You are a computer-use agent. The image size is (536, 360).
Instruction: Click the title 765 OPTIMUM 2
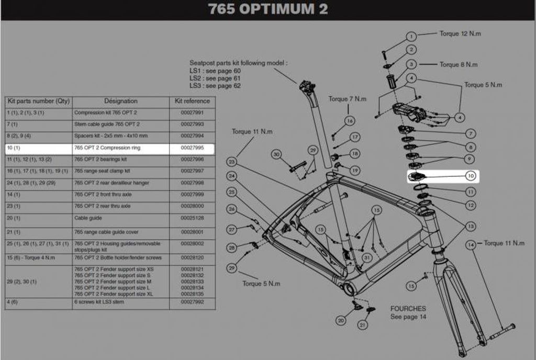pyautogui.click(x=268, y=10)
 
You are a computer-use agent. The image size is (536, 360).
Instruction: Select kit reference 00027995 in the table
pyautogui.click(x=192, y=148)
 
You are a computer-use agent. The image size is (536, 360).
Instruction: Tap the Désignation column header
pyautogui.click(x=120, y=101)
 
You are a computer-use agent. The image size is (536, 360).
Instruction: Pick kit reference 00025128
pyautogui.click(x=192, y=218)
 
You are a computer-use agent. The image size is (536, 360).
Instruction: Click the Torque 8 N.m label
pyautogui.click(x=458, y=65)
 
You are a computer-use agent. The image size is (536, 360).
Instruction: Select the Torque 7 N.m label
pyautogui.click(x=347, y=99)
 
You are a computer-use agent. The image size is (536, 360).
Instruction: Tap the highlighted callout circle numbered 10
pyautogui.click(x=470, y=176)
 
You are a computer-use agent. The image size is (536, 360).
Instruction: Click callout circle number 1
pyautogui.click(x=411, y=37)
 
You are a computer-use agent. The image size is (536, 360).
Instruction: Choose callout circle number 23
pyautogui.click(x=232, y=162)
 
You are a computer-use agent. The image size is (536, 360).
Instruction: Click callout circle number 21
pyautogui.click(x=362, y=325)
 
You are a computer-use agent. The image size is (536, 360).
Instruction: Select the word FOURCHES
pyautogui.click(x=408, y=309)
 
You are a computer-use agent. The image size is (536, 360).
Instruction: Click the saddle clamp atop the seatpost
pyautogui.click(x=307, y=86)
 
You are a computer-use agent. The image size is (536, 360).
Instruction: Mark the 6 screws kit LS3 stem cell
pyautogui.click(x=99, y=302)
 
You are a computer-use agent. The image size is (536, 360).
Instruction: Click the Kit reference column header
pyautogui.click(x=192, y=101)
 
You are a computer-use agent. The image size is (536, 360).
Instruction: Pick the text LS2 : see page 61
pyautogui.click(x=215, y=78)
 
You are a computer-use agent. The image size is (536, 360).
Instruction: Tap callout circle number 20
pyautogui.click(x=341, y=320)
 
